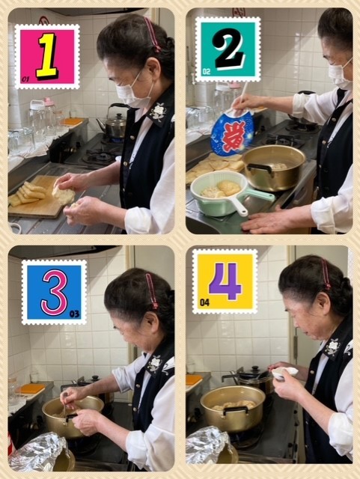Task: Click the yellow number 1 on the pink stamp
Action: (x=46, y=57)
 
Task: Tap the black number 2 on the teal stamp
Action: (x=229, y=49)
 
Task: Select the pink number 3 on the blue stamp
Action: (x=55, y=293)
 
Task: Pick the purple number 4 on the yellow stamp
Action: (x=225, y=281)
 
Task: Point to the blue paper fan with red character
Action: (x=232, y=132)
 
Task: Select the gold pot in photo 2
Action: (x=272, y=168)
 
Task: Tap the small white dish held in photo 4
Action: (x=284, y=373)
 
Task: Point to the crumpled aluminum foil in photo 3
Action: (x=39, y=452)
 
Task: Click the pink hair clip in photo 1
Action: (x=153, y=34)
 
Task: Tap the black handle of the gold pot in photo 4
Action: (x=235, y=410)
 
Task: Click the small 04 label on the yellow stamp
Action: (x=205, y=302)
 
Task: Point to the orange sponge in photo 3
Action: (x=30, y=388)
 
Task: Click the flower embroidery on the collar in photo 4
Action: (x=332, y=347)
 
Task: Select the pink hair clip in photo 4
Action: (x=326, y=274)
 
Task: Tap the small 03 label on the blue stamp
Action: (x=74, y=314)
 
